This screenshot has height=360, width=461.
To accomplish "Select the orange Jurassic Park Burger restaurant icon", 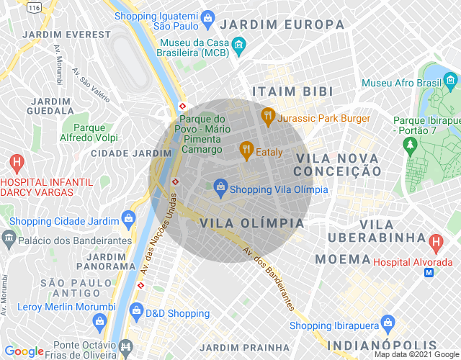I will pos(268,115).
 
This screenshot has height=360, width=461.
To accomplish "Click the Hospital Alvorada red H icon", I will pos(435,242).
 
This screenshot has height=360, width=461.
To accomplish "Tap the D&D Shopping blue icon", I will pos(136,311).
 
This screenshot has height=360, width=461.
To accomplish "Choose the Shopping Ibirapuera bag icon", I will pos(388,322).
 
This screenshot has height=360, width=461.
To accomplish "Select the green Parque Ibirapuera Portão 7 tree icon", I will pos(411,145).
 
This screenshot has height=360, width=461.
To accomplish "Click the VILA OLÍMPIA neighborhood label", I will pos(252,223).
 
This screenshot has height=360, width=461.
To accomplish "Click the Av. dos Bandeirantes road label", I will pos(268,279).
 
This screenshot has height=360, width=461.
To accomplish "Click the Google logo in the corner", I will pos(24,351).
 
